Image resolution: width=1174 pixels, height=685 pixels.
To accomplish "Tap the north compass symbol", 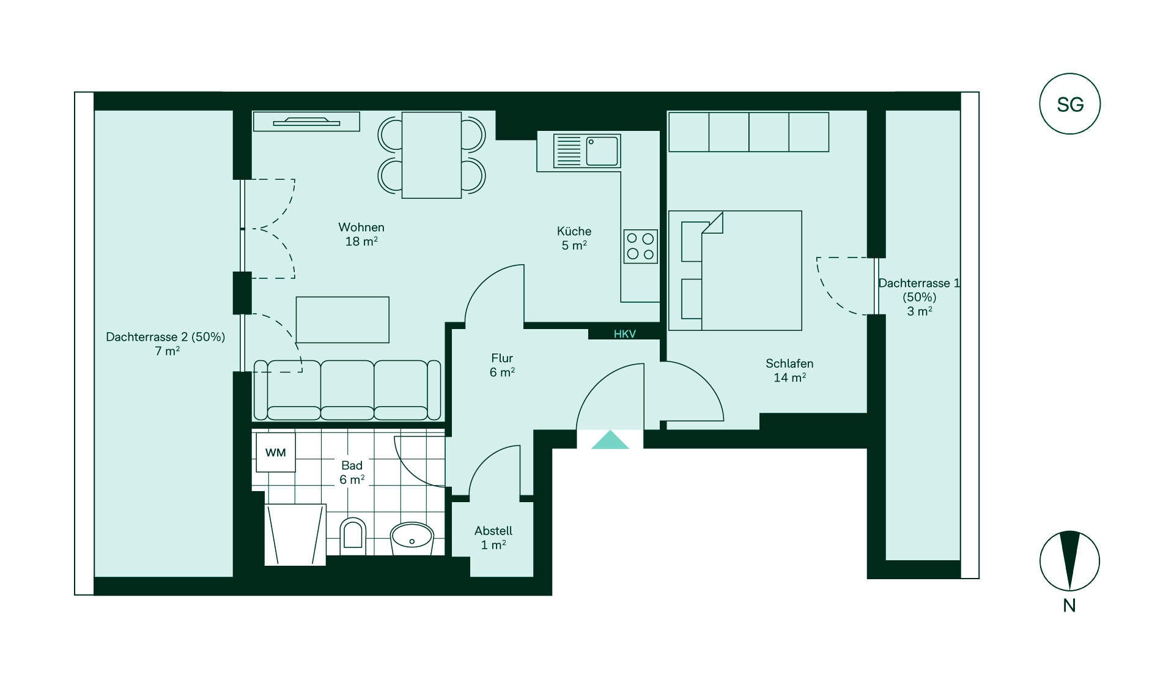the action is click(1069, 561).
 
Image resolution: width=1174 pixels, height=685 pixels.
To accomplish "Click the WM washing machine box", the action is click(276, 453).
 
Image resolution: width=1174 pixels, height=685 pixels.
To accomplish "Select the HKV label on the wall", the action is click(625, 334).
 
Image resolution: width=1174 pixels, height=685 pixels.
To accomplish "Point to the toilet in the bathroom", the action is click(353, 536).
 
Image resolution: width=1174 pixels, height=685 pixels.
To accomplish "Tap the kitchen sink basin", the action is click(602, 151).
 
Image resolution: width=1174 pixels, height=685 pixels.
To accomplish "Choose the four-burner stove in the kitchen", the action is click(641, 246).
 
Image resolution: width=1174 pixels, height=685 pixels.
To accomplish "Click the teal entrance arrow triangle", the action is click(610, 440).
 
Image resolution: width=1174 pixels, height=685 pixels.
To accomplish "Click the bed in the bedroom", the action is click(735, 270).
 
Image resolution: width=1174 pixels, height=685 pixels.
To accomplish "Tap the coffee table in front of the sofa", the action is click(342, 320).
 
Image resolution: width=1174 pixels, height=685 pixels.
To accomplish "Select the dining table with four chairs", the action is click(432, 155).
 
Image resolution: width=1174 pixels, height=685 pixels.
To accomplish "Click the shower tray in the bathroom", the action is click(295, 535).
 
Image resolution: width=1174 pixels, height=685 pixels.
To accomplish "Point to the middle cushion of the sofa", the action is click(347, 390).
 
